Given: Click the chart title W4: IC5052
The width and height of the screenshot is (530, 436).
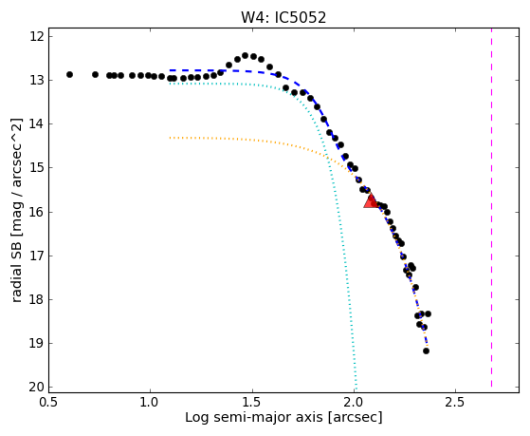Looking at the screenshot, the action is [x=283, y=18].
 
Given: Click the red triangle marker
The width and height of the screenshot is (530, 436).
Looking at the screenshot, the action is [x=371, y=200].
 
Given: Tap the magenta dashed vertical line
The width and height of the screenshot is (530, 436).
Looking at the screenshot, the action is [x=491, y=208].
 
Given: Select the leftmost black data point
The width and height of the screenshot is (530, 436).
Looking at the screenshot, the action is [x=69, y=74].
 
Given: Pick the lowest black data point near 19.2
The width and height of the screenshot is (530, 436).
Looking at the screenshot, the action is [x=427, y=351].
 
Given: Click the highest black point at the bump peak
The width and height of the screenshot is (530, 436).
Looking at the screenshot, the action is [x=245, y=55].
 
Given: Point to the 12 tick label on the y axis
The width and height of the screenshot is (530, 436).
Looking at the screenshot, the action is [x=37, y=36].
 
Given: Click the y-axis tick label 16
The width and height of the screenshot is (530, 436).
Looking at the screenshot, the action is [x=37, y=212].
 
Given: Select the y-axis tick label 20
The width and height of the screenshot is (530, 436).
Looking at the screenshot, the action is [x=37, y=388].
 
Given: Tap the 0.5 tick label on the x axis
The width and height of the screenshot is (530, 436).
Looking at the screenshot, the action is [x=49, y=402].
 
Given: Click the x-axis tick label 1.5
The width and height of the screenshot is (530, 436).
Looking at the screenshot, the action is [x=252, y=402].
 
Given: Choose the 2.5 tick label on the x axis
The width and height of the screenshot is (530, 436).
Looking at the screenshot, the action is [x=456, y=402].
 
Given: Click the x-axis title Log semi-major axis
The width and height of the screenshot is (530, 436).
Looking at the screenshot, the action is [x=254, y=417].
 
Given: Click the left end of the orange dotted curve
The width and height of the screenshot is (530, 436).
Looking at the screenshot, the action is [x=170, y=138].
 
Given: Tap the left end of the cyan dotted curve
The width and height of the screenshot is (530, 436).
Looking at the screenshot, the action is [x=170, y=84].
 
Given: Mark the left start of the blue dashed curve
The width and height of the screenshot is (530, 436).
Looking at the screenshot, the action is [x=170, y=70].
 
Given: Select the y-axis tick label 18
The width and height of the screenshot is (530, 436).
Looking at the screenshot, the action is [x=37, y=299].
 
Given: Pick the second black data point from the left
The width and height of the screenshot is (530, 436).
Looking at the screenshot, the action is [x=96, y=74].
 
